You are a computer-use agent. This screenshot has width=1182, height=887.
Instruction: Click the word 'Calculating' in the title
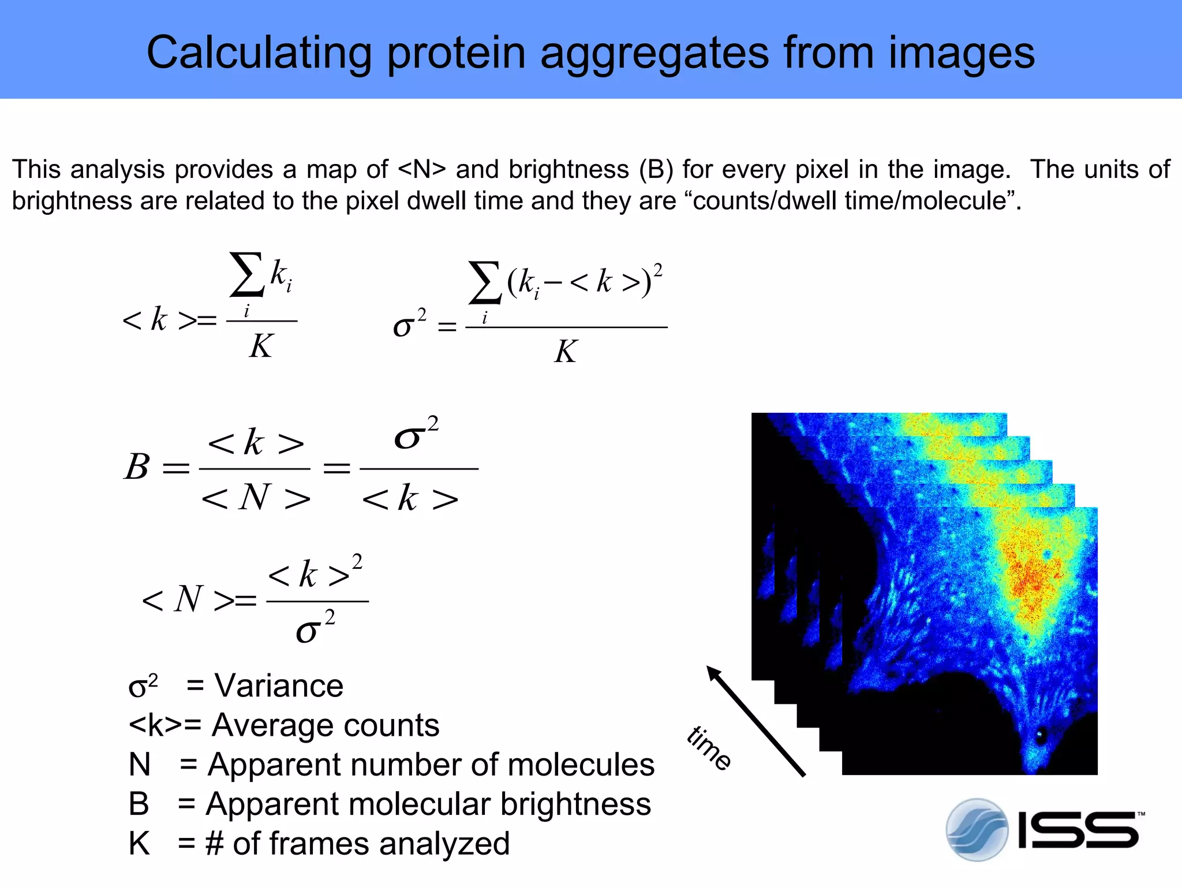pos(259,53)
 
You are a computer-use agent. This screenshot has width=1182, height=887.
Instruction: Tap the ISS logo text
pos(1078,831)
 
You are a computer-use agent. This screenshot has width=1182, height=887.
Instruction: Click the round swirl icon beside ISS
pos(977,830)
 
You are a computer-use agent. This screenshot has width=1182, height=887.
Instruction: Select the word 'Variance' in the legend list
pos(279,686)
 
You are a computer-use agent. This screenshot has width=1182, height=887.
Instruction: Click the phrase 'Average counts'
pos(326,725)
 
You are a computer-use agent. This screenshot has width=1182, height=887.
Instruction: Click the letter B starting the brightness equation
pos(137,467)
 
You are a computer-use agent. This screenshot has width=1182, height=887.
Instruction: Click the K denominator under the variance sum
pos(566,351)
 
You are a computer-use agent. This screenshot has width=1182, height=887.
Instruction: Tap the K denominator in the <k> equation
pos(261,346)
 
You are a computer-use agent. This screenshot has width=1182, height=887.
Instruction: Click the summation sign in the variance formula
pos(485,283)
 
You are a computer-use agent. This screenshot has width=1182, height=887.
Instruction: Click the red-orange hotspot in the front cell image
pos(1030,577)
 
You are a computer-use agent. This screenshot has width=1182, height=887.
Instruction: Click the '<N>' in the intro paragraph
pos(422,170)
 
